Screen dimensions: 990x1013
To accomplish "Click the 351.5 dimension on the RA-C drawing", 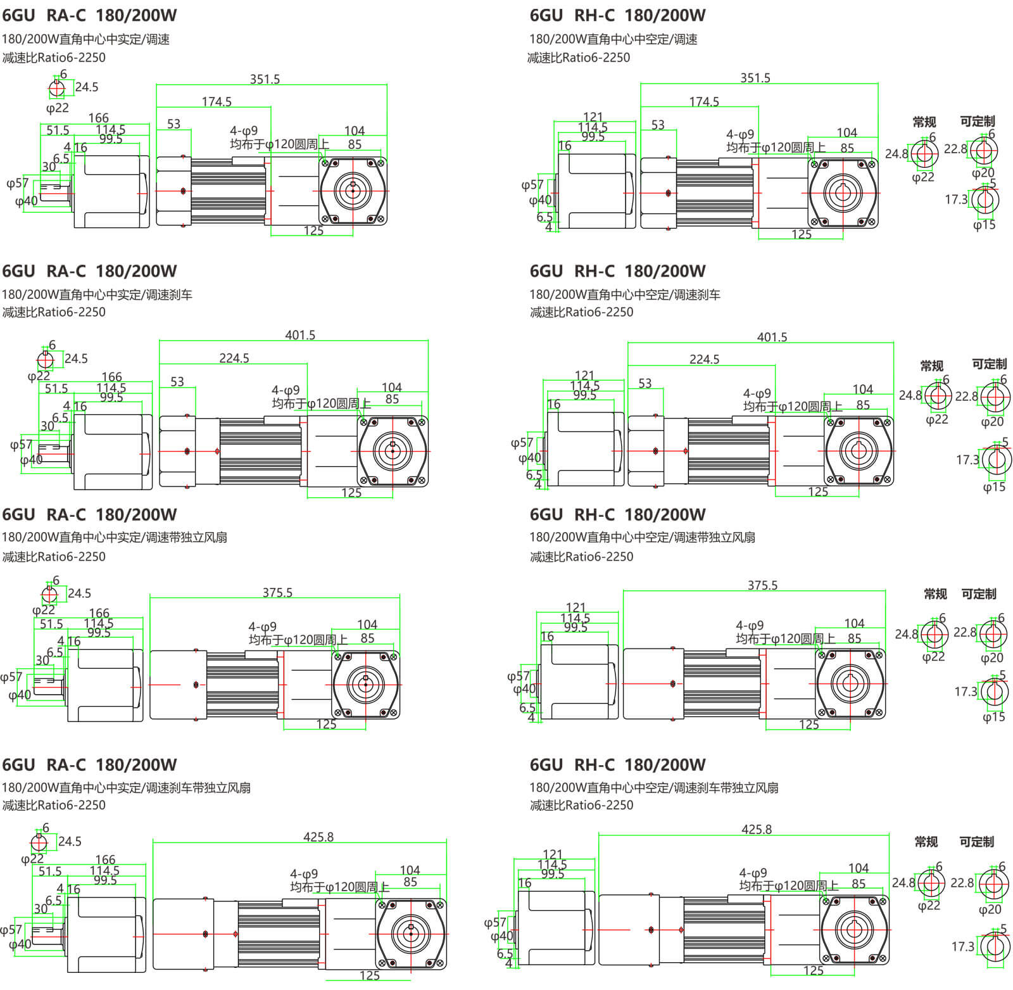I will (265, 79).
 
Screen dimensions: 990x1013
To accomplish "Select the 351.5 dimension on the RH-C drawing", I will (755, 78).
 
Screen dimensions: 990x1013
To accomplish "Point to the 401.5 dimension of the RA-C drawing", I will (300, 335).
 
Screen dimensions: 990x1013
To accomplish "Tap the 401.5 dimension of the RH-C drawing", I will (772, 337).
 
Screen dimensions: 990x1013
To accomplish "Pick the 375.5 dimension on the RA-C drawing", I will (277, 593).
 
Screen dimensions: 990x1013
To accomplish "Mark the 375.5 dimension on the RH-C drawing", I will (762, 585).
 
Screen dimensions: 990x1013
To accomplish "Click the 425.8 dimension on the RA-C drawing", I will (318, 837).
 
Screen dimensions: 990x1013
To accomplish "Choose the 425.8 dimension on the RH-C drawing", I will (757, 829).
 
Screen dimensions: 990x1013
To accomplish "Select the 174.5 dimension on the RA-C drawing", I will (217, 101).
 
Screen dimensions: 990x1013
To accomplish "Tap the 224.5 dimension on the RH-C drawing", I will (704, 359).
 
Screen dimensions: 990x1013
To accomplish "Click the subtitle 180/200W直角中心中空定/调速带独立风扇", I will (642, 537).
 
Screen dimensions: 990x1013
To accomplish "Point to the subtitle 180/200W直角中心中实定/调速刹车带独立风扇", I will (126, 787).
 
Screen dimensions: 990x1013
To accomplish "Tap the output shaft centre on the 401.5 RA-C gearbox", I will (393, 450).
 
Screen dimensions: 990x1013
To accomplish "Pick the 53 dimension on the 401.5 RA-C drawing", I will (177, 382).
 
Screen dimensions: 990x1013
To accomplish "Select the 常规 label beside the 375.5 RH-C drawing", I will (935, 594).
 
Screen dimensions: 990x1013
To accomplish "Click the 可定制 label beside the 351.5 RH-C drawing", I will (977, 122).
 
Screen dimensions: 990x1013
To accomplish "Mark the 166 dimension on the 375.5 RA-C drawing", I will (99, 613).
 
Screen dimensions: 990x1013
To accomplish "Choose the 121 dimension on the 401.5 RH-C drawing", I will (584, 376).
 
